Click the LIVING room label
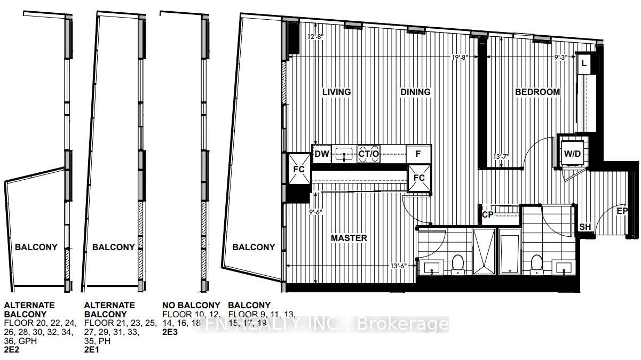[336, 92]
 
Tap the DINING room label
[415, 92]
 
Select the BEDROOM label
[537, 92]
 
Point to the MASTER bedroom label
[349, 238]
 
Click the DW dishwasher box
[322, 154]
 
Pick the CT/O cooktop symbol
[368, 154]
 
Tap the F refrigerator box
[419, 154]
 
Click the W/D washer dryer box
[572, 154]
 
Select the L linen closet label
[584, 63]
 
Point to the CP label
[487, 215]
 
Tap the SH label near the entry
[585, 227]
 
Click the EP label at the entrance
[622, 211]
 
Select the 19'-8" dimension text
[460, 58]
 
